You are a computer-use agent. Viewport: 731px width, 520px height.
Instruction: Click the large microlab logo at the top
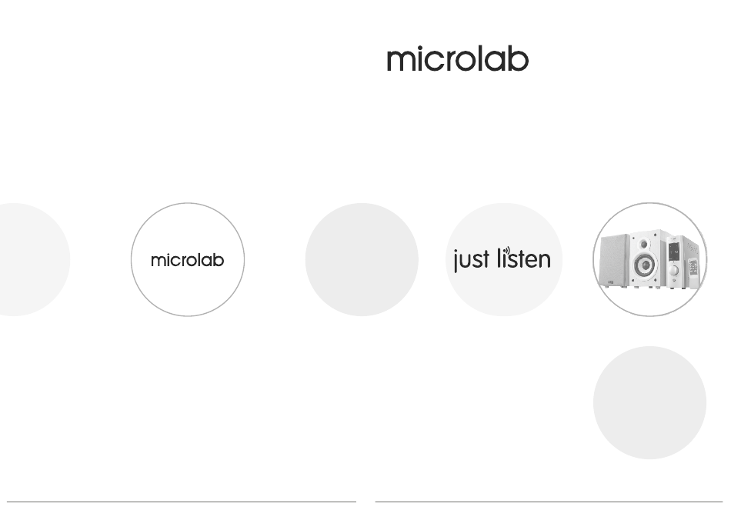pos(457,58)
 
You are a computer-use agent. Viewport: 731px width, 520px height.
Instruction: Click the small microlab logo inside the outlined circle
pos(188,260)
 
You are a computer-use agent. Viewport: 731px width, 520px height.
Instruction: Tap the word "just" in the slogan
pos(472,260)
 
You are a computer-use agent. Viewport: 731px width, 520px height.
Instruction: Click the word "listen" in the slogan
pos(524,258)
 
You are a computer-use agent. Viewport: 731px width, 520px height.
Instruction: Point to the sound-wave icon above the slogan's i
pos(507,252)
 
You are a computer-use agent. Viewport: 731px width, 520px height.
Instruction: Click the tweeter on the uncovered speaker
pos(644,244)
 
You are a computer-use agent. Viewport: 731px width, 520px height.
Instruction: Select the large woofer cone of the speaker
pos(645,265)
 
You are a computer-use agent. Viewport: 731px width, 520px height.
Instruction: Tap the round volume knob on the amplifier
pos(673,271)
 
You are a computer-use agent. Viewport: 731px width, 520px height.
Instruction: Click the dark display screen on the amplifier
pos(673,252)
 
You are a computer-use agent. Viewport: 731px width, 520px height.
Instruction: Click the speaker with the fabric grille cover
pos(614,261)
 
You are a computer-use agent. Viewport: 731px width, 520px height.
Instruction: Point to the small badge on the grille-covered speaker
pos(611,282)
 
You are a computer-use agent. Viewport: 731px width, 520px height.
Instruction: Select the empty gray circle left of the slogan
pos(362,259)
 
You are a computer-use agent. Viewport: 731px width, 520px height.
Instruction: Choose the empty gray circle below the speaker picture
pos(650,402)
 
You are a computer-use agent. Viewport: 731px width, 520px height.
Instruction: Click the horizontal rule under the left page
pos(182,502)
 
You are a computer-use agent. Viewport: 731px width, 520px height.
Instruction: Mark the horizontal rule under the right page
pos(549,502)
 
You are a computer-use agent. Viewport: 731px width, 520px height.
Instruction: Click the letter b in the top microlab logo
pos(519,58)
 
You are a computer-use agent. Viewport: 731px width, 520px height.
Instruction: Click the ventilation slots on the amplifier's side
pos(692,248)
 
